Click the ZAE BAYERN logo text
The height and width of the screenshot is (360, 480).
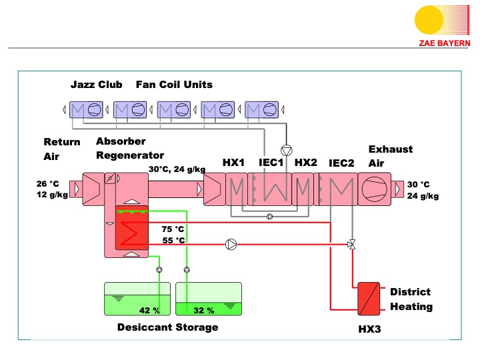445,43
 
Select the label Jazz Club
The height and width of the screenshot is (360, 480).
97,85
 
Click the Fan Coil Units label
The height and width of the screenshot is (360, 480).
174,85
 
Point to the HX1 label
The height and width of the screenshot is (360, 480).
234,163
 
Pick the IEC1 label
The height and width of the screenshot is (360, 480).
271,163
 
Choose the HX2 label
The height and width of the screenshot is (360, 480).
306,163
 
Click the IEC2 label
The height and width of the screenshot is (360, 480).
341,163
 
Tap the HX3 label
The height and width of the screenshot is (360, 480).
369,329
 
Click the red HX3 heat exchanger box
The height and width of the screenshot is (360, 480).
369,299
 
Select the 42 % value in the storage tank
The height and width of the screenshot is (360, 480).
149,310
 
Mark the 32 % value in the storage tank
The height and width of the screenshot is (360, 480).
203,310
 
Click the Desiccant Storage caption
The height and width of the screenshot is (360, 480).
167,327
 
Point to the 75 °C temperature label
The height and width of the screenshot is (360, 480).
173,229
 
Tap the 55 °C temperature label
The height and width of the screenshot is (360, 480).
173,240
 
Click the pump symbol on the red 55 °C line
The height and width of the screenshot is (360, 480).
231,245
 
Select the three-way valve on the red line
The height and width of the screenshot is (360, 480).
351,245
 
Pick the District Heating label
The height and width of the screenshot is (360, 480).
411,299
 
